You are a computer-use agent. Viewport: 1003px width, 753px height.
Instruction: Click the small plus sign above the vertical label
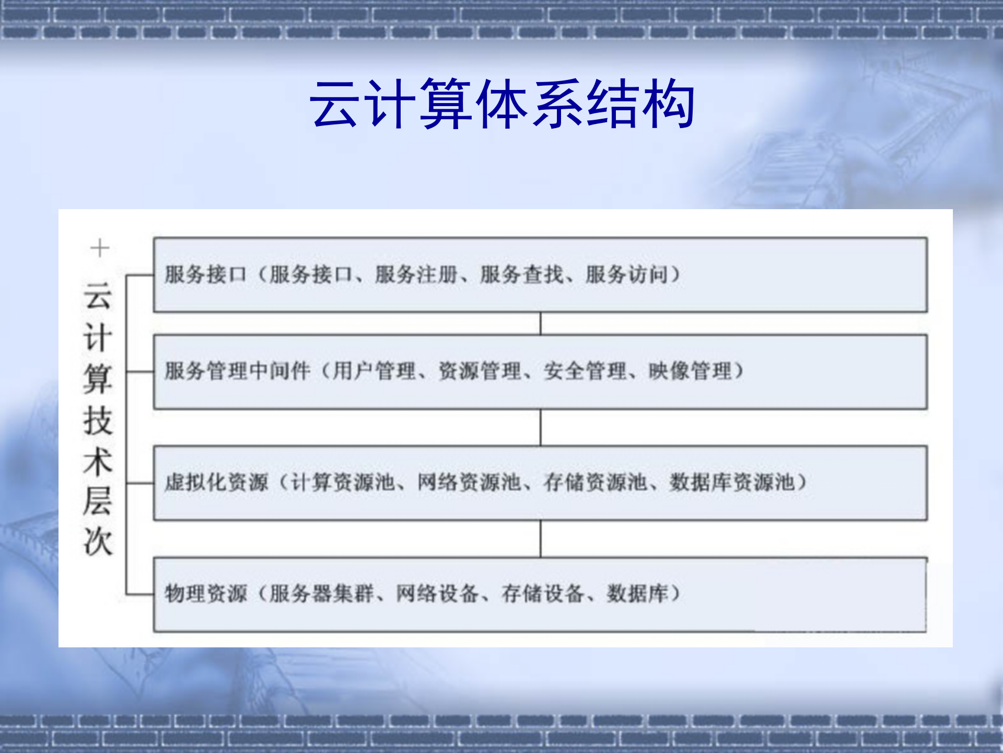[99, 248]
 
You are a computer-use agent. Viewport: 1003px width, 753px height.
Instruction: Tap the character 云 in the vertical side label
[98, 296]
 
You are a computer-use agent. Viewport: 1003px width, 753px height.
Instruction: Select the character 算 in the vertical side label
[98, 379]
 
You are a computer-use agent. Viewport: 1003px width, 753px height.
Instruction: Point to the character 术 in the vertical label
[98, 461]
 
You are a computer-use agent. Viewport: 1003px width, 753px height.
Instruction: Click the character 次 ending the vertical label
[98, 541]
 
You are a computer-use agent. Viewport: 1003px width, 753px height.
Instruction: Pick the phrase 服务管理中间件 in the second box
[238, 371]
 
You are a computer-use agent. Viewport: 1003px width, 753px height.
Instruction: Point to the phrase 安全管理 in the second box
[585, 371]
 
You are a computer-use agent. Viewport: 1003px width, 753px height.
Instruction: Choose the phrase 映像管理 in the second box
[690, 371]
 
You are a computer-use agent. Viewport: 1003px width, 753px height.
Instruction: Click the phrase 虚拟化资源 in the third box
[216, 482]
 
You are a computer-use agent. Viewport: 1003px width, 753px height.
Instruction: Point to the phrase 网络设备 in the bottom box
[437, 594]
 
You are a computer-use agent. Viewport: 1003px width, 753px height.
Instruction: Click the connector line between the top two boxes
[541, 324]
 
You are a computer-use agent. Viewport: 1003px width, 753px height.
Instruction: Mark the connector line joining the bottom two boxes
[541, 539]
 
